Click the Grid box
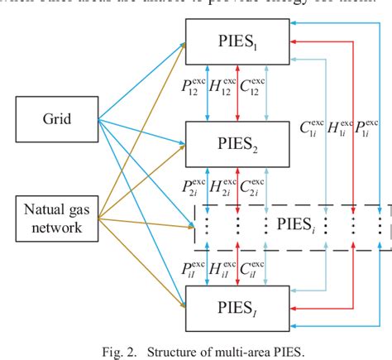pos(55,119)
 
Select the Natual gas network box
pos(55,216)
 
